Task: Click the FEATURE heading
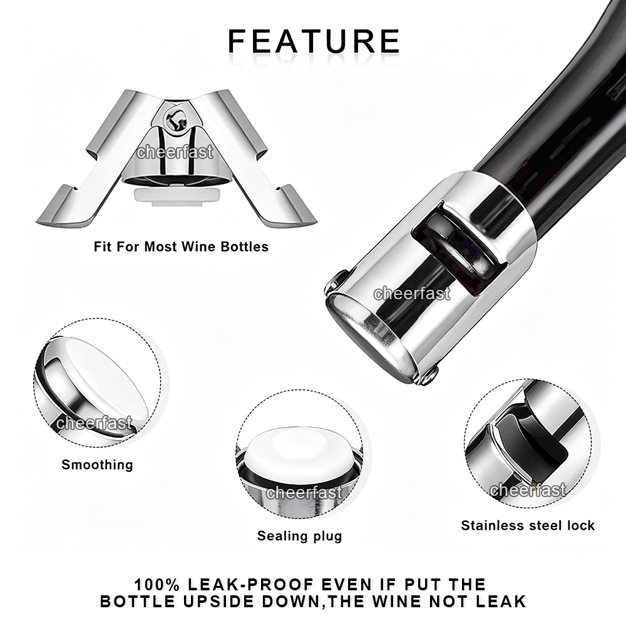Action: [314, 41]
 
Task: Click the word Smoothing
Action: [97, 465]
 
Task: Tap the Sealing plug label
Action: [299, 536]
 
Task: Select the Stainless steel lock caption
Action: [528, 525]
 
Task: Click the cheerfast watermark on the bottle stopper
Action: [412, 294]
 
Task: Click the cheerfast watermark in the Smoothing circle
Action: [95, 423]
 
